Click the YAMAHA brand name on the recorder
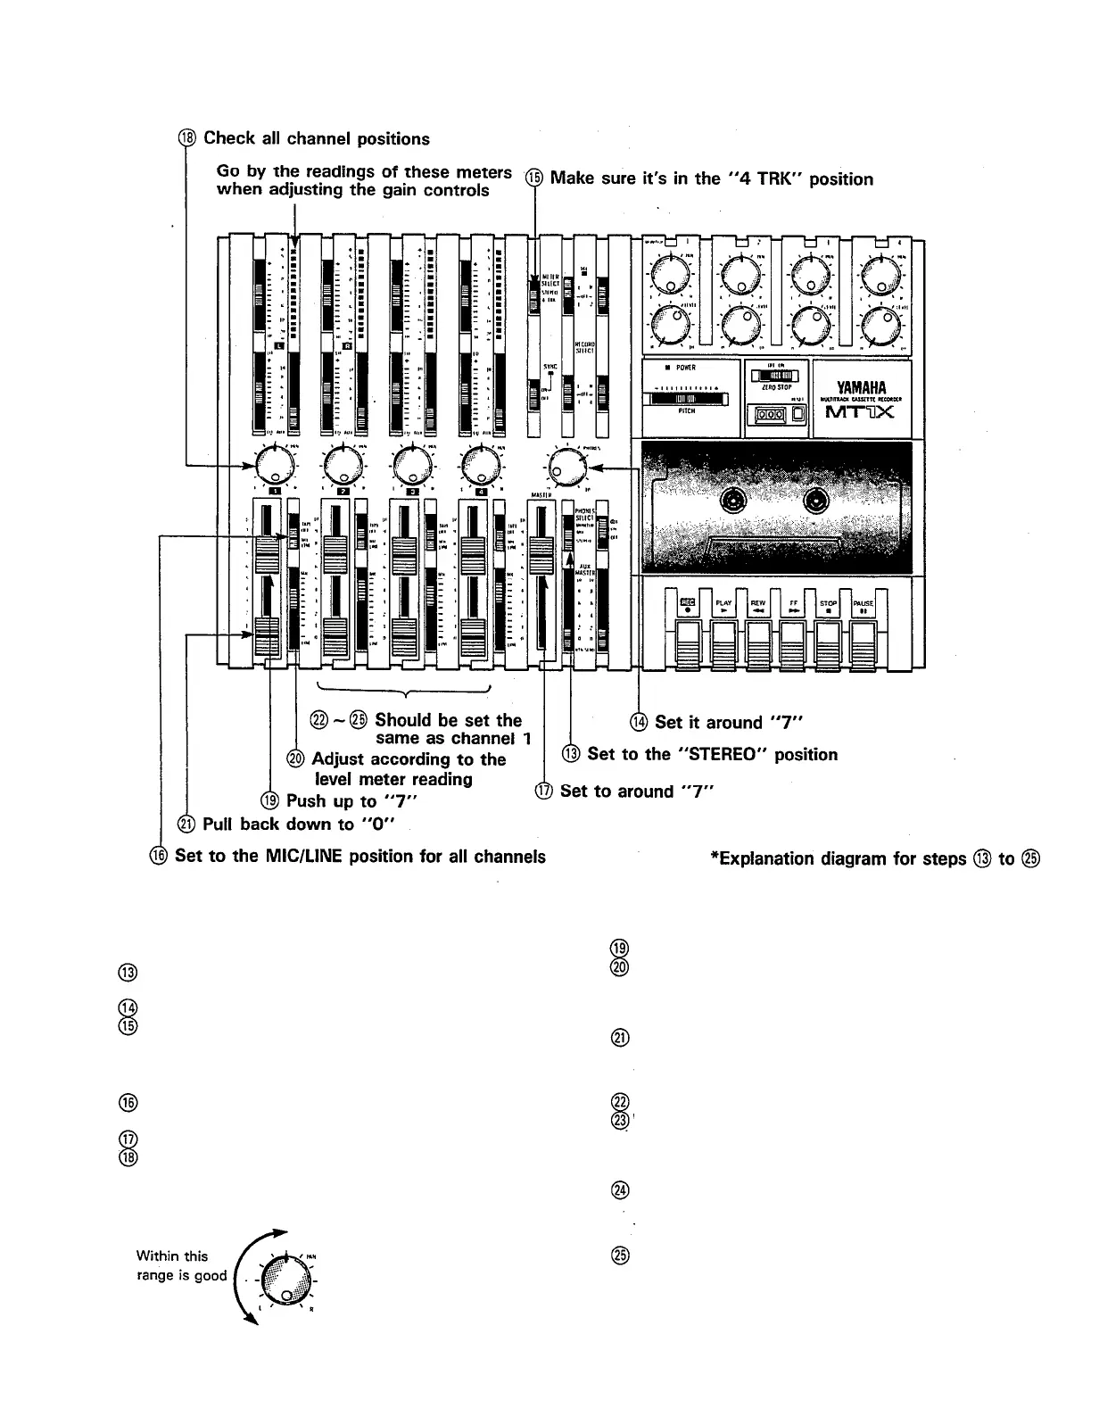pos(862,386)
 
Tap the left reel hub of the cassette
pos(739,501)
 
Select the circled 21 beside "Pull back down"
pos(188,825)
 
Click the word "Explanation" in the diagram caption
pos(764,859)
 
